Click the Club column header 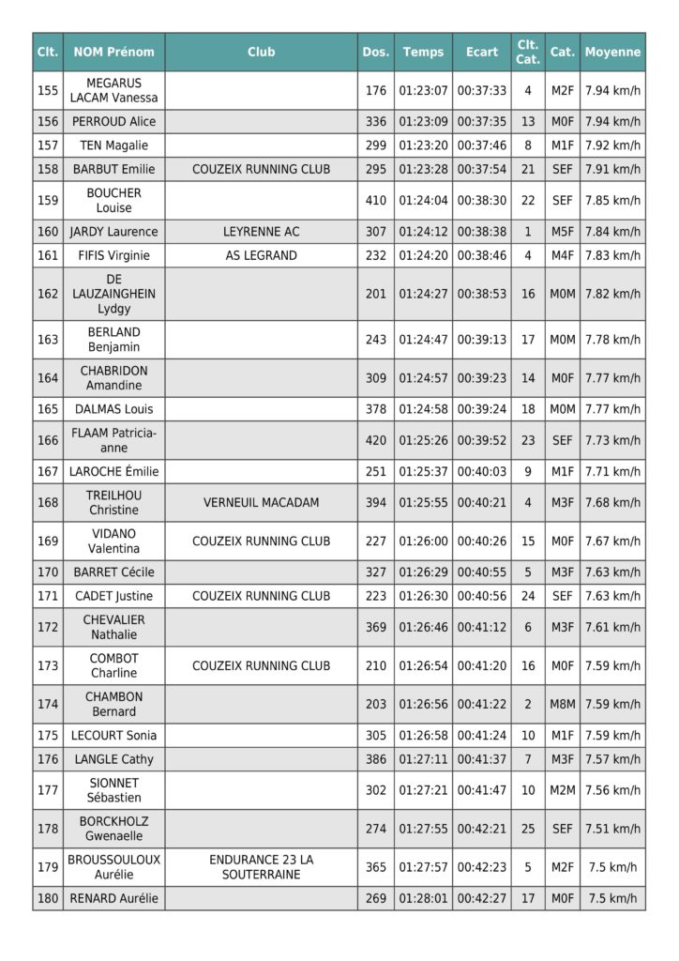(x=261, y=52)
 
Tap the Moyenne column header (x=612, y=52)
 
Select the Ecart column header (x=482, y=52)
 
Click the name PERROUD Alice (x=114, y=121)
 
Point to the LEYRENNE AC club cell (x=261, y=231)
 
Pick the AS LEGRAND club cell (x=261, y=255)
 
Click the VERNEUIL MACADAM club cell (x=261, y=502)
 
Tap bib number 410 (x=376, y=200)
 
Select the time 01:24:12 (x=423, y=231)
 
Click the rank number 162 (x=48, y=294)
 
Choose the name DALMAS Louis (x=114, y=408)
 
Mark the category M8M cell (x=563, y=704)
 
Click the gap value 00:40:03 (x=482, y=471)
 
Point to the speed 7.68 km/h (x=612, y=502)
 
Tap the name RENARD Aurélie (x=114, y=898)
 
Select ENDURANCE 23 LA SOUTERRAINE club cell (x=261, y=866)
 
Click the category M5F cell (x=563, y=231)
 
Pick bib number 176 (x=376, y=90)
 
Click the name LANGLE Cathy (x=114, y=759)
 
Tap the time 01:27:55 (x=423, y=829)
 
